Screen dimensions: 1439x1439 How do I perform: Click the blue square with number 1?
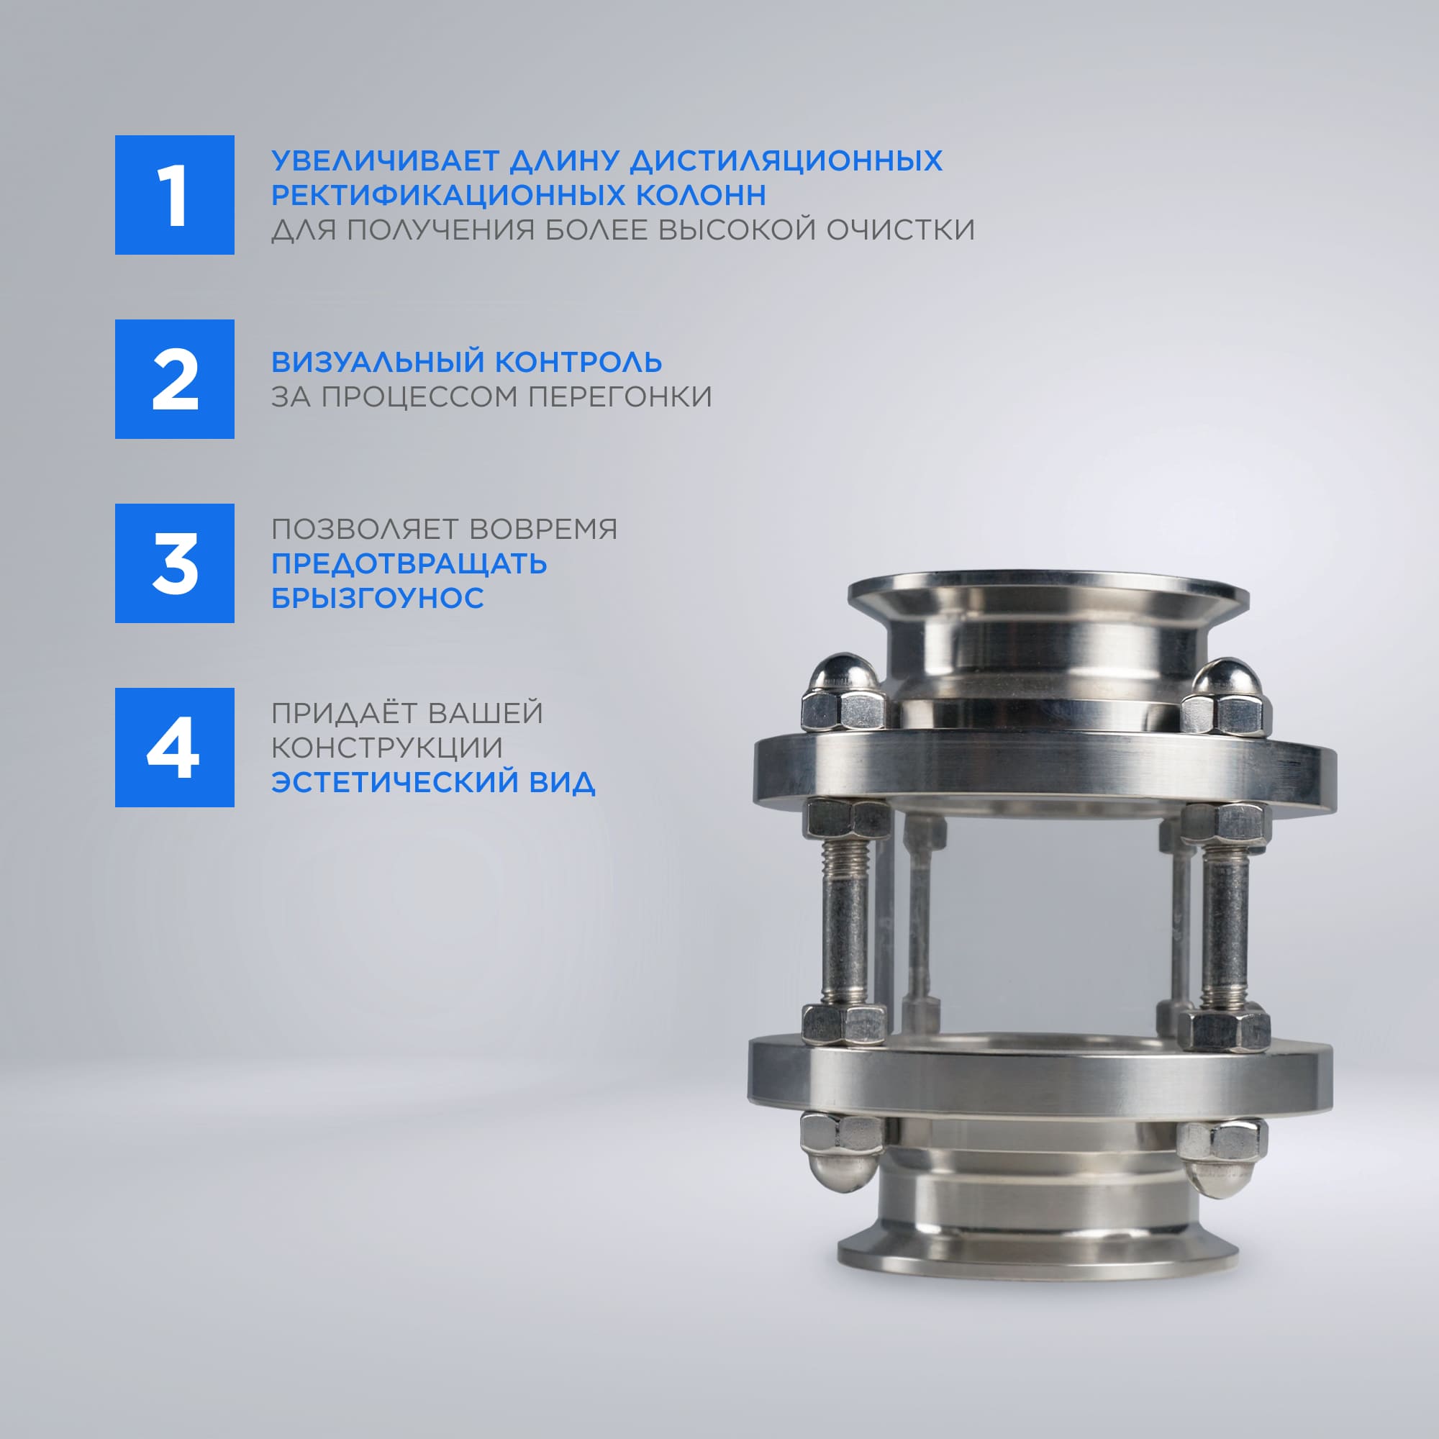(174, 195)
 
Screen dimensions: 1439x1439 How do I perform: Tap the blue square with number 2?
(174, 379)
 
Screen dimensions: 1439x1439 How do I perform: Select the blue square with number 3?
(174, 563)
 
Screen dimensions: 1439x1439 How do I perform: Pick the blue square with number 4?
(174, 747)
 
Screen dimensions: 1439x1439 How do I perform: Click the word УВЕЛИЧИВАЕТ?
(385, 160)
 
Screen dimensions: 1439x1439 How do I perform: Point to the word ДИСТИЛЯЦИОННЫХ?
(786, 160)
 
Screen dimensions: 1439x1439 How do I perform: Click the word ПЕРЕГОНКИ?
(619, 397)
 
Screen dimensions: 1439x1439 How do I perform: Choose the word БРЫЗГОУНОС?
(378, 597)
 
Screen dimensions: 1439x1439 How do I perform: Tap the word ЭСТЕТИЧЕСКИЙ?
(399, 782)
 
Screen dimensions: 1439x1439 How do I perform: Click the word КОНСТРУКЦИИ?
(387, 747)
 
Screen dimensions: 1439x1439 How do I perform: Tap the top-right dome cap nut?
(1226, 694)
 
